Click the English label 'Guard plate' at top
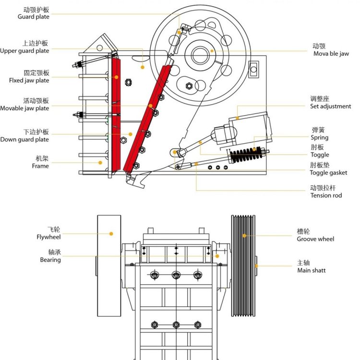33,17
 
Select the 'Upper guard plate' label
24,51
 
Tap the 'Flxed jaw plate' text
29,81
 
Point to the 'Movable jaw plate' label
24,108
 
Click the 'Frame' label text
40,166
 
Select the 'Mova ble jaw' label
331,54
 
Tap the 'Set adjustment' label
330,107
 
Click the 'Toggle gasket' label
328,173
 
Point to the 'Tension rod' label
326,195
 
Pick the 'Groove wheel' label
315,239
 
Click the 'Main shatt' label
312,271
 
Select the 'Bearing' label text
50,260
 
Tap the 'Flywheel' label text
48,237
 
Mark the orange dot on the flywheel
111,234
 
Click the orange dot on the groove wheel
244,235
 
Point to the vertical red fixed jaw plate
115,115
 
